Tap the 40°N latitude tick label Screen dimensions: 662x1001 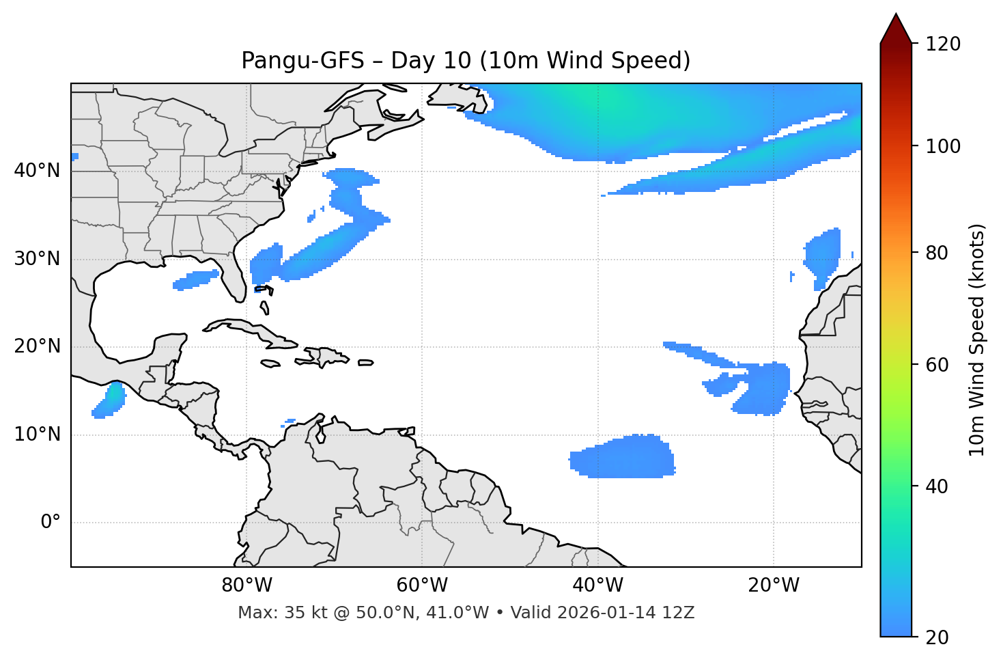click(37, 171)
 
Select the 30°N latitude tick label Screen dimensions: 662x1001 click(37, 259)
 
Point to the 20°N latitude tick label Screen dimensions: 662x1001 click(37, 346)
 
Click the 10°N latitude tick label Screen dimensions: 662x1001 click(37, 435)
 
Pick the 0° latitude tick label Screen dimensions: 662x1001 click(51, 523)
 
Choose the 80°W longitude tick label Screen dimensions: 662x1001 click(246, 585)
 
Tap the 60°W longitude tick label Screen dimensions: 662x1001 click(422, 585)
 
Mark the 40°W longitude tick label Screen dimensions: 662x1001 click(598, 585)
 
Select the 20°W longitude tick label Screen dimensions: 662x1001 click(774, 585)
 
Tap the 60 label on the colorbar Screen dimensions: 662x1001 click(939, 365)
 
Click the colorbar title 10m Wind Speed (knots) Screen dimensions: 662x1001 click(977, 340)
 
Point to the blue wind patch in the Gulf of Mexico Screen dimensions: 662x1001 click(195, 279)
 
